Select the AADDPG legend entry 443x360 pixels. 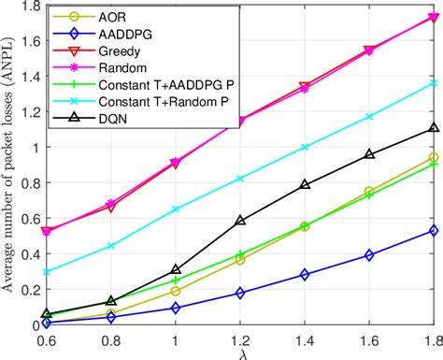click(118, 35)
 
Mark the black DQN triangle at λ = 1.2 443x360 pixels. click(240, 222)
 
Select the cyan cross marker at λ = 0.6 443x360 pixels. click(48, 272)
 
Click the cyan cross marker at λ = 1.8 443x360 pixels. click(433, 83)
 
